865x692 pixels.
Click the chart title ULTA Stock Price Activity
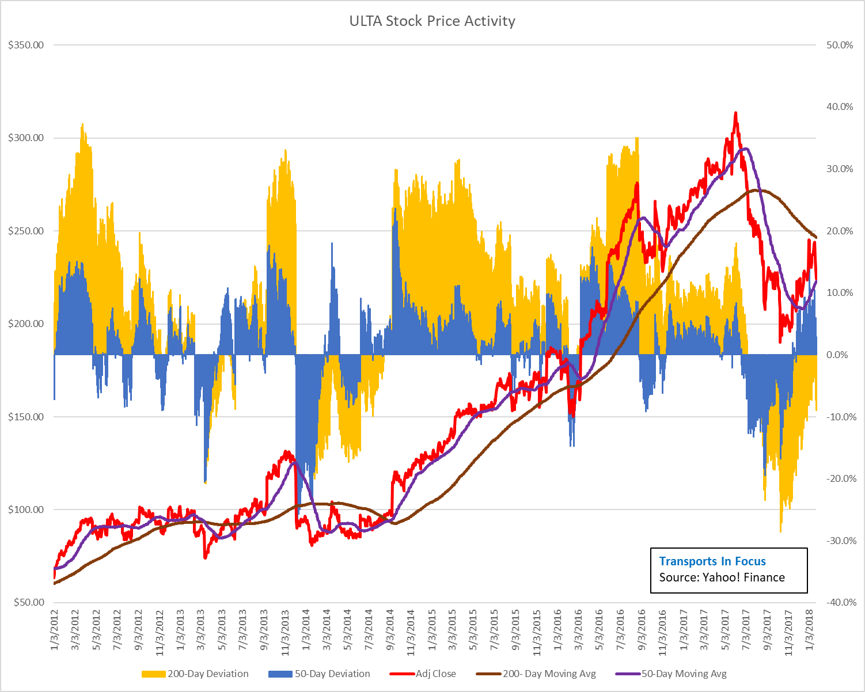(x=432, y=21)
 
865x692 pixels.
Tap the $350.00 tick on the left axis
(x=26, y=45)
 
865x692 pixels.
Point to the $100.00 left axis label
(x=26, y=510)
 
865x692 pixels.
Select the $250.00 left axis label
(x=26, y=231)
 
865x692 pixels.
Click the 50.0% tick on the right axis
(x=839, y=45)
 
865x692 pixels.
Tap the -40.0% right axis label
(x=838, y=602)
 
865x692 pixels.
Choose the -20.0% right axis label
(x=838, y=478)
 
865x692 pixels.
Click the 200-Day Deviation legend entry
(x=196, y=674)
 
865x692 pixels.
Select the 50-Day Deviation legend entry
(x=320, y=674)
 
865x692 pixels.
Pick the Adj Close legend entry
(x=423, y=674)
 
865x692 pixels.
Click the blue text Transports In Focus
(x=712, y=561)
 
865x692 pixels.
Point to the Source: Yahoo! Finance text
(x=722, y=577)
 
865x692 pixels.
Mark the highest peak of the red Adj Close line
(x=735, y=113)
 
